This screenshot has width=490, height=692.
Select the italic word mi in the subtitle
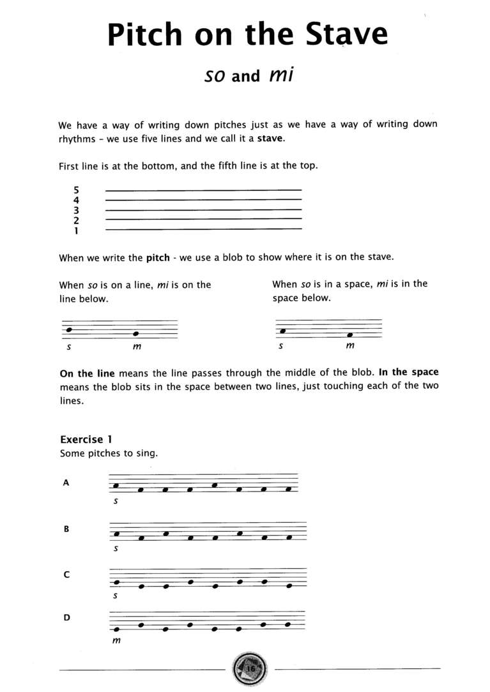coord(281,75)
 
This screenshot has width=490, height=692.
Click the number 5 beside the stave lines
coord(76,190)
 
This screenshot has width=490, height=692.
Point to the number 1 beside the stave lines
coord(76,231)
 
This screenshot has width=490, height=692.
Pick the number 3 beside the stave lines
coord(76,210)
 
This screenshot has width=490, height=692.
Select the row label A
coord(66,483)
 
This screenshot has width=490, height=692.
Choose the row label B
coord(66,529)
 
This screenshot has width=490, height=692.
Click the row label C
coord(66,575)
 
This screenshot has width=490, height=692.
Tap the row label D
coord(66,618)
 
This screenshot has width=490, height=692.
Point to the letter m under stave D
coord(116,641)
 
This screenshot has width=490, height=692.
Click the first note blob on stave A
coord(116,486)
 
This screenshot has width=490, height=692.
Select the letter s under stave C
coord(115,596)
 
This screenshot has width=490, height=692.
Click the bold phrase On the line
coord(86,373)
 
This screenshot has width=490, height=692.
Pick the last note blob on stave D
coord(287,624)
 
